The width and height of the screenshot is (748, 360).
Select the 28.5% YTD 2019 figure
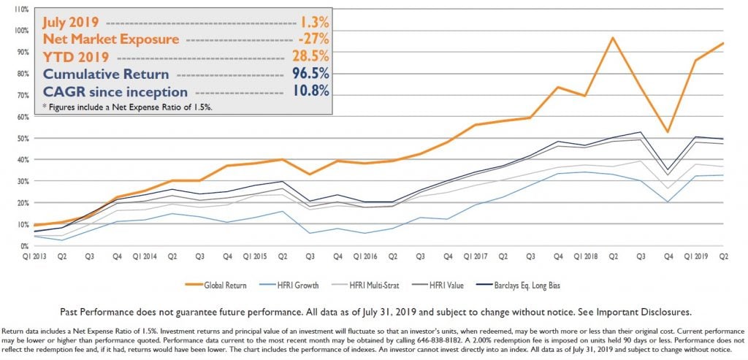308,56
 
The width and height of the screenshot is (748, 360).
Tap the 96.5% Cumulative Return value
308,74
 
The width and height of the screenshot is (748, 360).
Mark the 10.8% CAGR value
308,92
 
